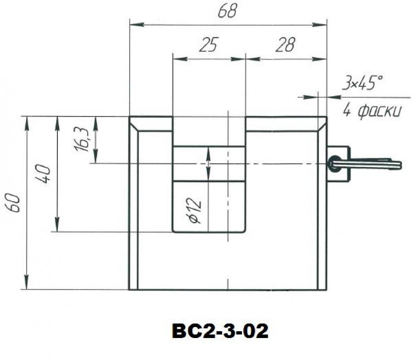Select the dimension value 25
[x=209, y=44]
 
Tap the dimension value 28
[x=285, y=44]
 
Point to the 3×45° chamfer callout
[x=362, y=83]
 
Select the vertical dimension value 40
[x=43, y=174]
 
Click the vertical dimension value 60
[x=13, y=203]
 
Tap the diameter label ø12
[x=195, y=210]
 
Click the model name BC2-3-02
[x=220, y=331]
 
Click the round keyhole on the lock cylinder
[x=334, y=164]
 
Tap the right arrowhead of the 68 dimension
[x=319, y=25]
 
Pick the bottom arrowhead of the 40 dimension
[x=56, y=224]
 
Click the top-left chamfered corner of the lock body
[x=133, y=124]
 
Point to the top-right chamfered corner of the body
[x=323, y=124]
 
